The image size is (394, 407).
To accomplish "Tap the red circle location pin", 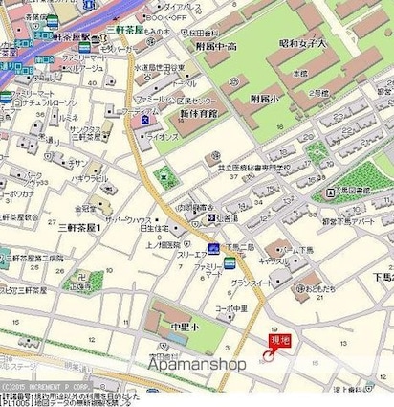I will tap(268, 358).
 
